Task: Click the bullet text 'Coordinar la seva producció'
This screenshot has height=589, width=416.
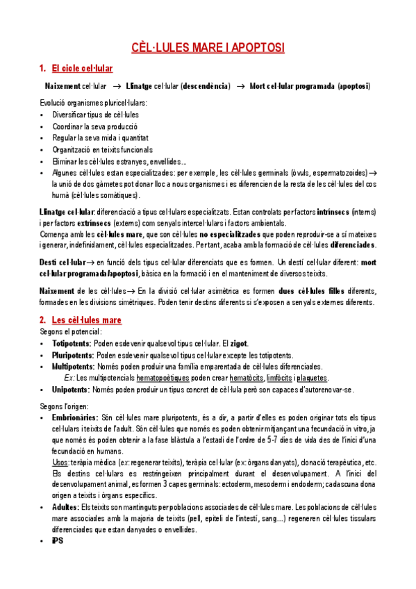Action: coord(94,126)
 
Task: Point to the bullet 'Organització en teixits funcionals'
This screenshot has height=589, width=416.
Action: coord(102,149)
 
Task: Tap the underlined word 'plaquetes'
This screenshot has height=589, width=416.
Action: coord(309,378)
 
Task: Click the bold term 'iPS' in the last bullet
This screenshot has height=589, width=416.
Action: coord(58,541)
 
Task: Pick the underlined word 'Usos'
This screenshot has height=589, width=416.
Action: coord(60,462)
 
